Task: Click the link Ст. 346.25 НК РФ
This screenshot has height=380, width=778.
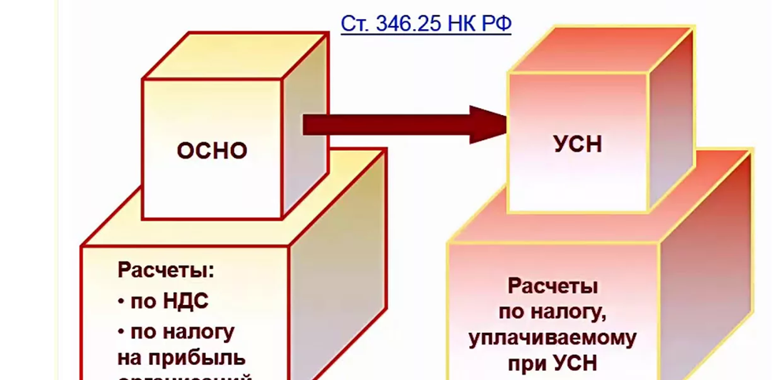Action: coord(426,24)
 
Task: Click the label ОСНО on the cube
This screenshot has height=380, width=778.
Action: coord(211,151)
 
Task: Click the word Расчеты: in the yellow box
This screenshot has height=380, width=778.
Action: coord(166,271)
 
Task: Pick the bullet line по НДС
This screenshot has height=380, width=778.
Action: coord(163,301)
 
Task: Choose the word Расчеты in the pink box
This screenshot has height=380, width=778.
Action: coord(552,285)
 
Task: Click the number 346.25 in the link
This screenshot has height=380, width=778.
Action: coord(404,24)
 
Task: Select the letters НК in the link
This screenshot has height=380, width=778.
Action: coord(460,24)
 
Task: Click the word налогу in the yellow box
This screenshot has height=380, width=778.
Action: coord(196,330)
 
